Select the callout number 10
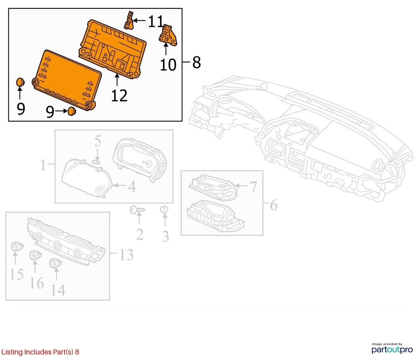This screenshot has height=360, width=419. [168, 65]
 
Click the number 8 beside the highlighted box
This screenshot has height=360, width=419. [197, 63]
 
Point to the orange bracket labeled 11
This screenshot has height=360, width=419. [129, 20]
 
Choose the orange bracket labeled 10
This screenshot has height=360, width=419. [168, 34]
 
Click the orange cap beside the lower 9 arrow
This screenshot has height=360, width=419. [72, 111]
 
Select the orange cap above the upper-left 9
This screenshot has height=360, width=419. [20, 82]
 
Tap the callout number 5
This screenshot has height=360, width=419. [97, 140]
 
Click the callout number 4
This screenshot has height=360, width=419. [132, 186]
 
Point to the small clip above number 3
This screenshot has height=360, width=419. [164, 210]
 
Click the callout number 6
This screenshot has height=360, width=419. [273, 205]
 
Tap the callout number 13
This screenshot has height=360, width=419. [126, 254]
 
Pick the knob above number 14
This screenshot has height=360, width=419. [55, 264]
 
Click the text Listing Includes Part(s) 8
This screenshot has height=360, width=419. [40, 352]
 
